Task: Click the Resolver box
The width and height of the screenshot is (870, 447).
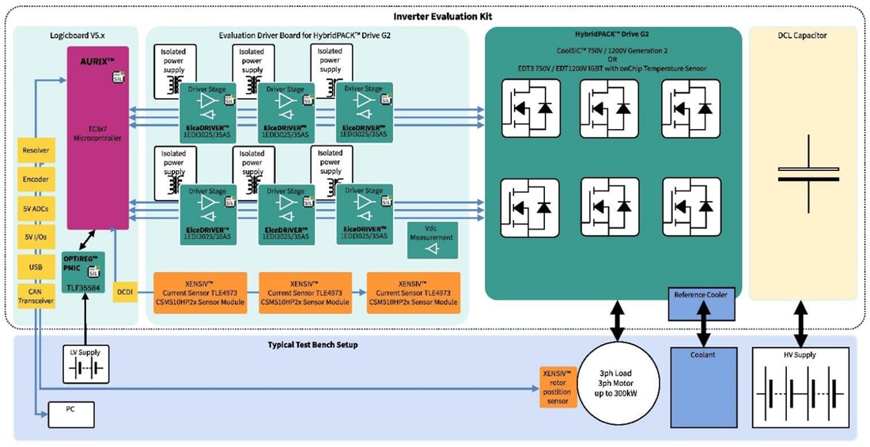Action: (x=36, y=150)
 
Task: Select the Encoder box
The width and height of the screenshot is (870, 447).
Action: (x=36, y=179)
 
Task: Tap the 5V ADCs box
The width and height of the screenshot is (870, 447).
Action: (x=36, y=208)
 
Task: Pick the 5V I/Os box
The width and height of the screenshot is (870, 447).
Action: (x=36, y=237)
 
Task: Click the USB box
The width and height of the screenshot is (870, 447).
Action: (x=36, y=267)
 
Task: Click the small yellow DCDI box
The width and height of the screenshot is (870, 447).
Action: (x=126, y=292)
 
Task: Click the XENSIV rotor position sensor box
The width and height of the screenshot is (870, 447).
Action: (x=558, y=387)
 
